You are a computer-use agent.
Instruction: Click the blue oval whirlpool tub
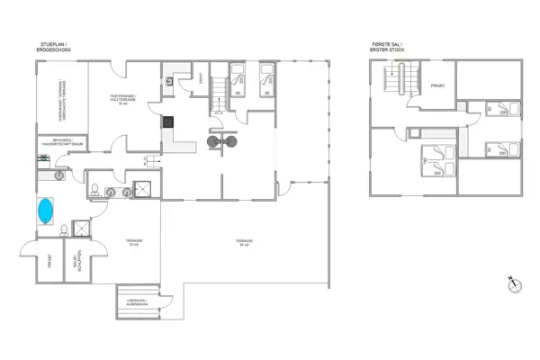[46, 211]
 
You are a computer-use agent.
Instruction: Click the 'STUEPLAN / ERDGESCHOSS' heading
[57, 45]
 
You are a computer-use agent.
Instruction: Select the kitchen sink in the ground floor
[169, 81]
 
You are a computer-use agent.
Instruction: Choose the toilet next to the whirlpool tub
[64, 231]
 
